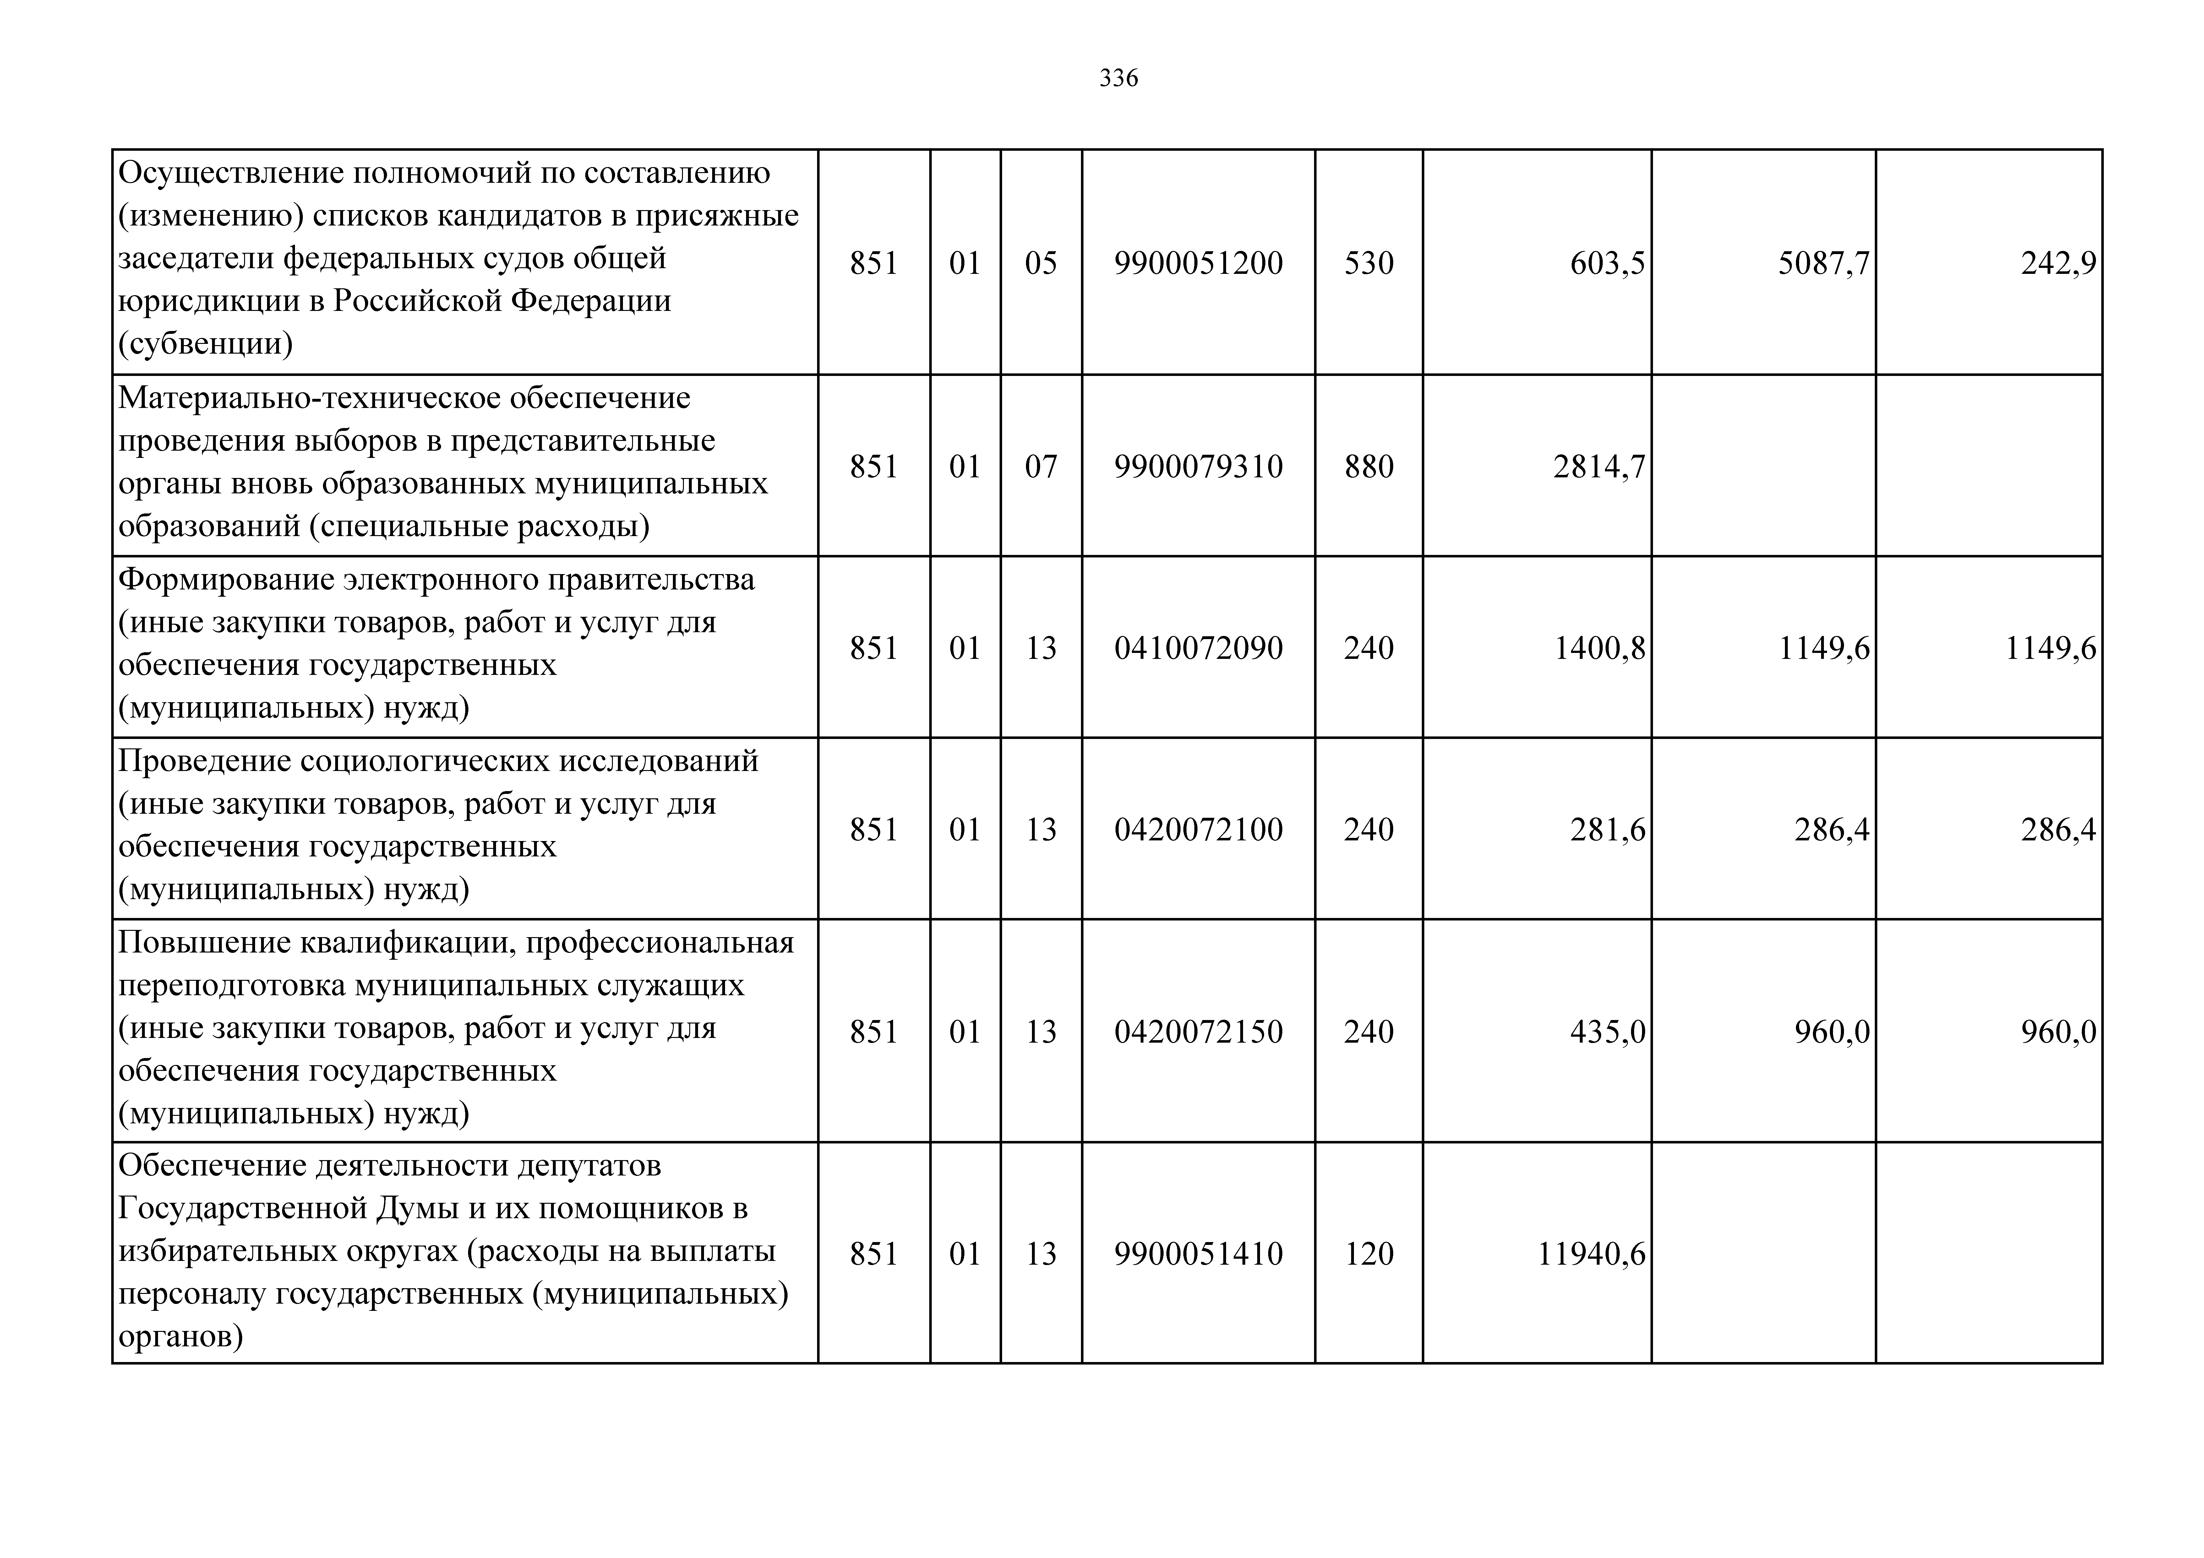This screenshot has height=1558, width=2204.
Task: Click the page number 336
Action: point(1118,78)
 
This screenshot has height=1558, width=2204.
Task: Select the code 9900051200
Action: point(1198,263)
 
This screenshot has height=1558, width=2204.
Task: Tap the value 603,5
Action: point(1607,263)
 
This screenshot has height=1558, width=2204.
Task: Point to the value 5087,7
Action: point(1823,263)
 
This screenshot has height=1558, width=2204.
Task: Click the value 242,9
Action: point(2058,263)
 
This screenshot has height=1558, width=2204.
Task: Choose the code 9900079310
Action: point(1198,467)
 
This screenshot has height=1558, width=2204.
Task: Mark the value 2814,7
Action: point(1598,467)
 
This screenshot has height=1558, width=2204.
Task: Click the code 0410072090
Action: point(1198,648)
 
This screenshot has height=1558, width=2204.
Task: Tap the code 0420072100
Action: point(1198,829)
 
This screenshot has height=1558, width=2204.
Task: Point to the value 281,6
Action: point(1607,829)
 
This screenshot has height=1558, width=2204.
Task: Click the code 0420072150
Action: point(1198,1032)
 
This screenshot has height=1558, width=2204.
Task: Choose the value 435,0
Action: point(1607,1032)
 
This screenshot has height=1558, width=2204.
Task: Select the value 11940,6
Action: point(1590,1254)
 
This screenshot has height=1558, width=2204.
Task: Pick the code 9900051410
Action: point(1198,1254)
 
